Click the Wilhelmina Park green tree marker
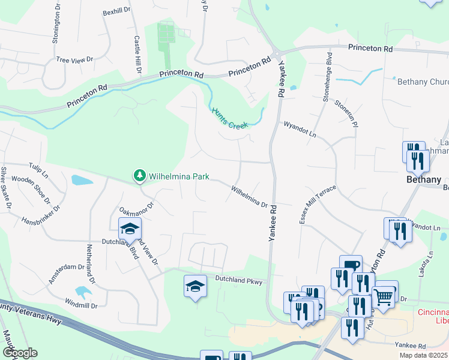point(139,176)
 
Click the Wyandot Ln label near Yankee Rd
point(300,129)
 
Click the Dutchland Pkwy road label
point(240,280)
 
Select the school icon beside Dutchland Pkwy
point(195,287)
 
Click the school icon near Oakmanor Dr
point(130,230)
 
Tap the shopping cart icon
point(384,296)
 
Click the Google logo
point(20,353)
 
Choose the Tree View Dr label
point(74,59)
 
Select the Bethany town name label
point(424,179)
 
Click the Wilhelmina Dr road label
point(249,196)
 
